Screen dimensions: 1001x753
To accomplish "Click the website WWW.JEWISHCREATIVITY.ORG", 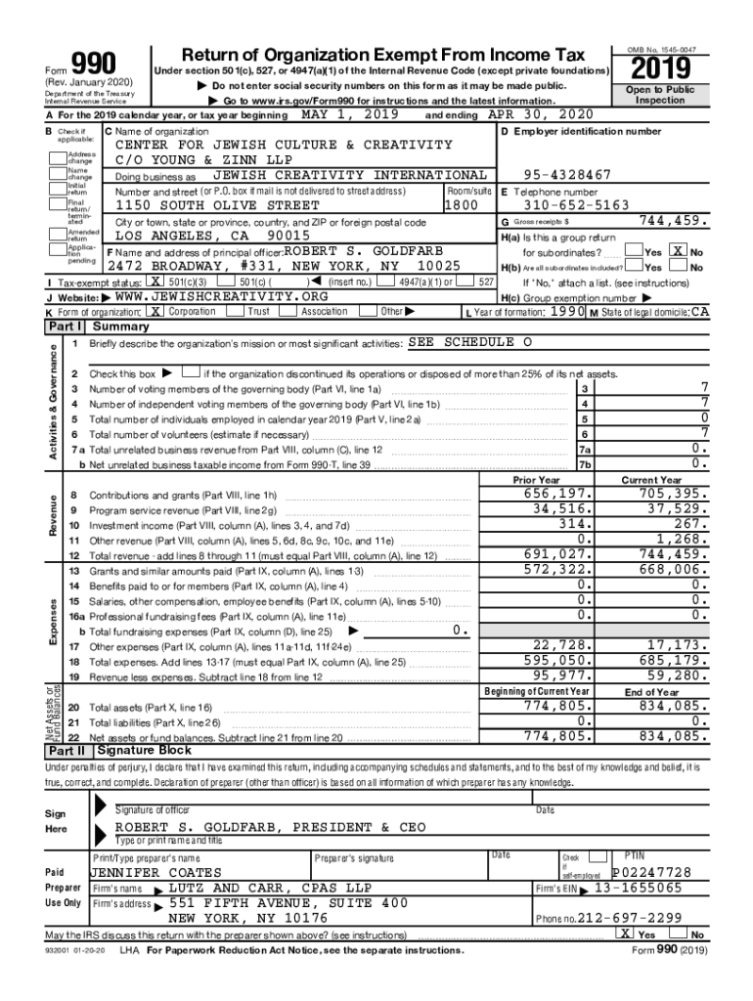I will pyautogui.click(x=221, y=296).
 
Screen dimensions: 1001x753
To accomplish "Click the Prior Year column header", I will pyautogui.click(x=536, y=480).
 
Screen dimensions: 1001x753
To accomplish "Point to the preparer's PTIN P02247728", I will pyautogui.click(x=651, y=872).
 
